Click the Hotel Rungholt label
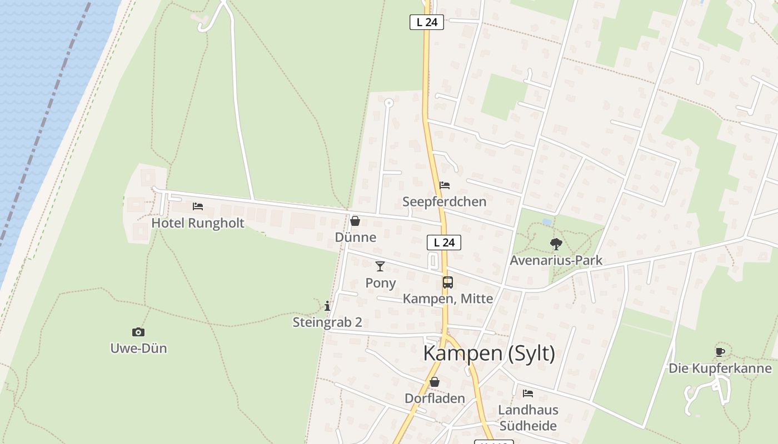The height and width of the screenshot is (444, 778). point(198,223)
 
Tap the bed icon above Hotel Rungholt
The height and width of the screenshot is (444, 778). point(198,206)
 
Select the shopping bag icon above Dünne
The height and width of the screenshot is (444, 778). point(355,221)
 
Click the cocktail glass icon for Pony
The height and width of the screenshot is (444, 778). point(380,266)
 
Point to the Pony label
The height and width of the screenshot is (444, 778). point(381,283)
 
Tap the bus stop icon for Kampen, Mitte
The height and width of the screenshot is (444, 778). point(448,282)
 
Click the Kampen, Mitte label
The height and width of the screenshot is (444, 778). point(448,299)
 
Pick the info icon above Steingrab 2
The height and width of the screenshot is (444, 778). point(327,306)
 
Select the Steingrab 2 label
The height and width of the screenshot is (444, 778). point(327,322)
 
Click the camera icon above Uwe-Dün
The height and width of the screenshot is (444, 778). point(138,332)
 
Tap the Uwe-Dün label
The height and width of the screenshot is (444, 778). point(138,349)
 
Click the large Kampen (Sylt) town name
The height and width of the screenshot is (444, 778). point(489,354)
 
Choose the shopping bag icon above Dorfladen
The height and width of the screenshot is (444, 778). point(435,382)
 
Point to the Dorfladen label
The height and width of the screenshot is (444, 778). point(435,398)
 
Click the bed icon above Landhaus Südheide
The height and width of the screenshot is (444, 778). point(528,393)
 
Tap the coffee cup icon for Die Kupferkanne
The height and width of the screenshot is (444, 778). point(720,351)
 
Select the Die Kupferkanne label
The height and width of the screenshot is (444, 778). point(720,368)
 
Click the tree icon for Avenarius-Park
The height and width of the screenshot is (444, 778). point(556,244)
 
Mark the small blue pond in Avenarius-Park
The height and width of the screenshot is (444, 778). point(547,221)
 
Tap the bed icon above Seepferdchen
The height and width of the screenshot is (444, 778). point(445,185)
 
